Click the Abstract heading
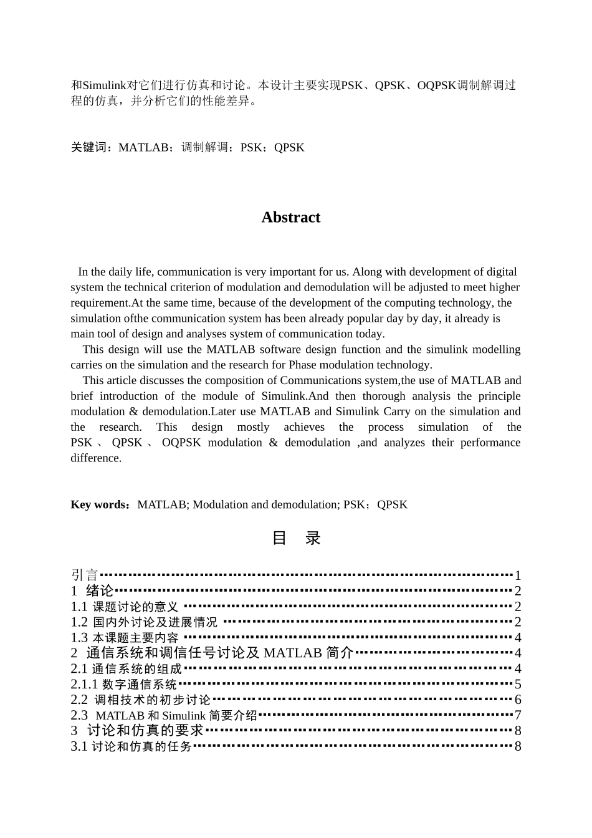[x=290, y=218]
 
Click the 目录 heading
[x=296, y=538]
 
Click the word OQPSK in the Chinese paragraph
[x=437, y=85]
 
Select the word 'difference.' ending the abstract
[x=96, y=458]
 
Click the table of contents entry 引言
[x=85, y=575]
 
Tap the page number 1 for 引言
[x=517, y=576]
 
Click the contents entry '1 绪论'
[x=92, y=590]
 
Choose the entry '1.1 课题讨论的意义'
[x=125, y=606]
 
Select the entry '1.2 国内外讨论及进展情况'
[x=144, y=622]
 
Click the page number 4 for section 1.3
[x=517, y=637]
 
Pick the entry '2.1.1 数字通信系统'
[x=124, y=684]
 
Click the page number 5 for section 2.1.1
[x=517, y=684]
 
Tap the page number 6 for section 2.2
[x=517, y=700]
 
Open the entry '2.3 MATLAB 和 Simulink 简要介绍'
[x=164, y=715]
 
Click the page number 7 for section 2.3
[x=517, y=715]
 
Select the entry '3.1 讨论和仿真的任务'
[x=131, y=746]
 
